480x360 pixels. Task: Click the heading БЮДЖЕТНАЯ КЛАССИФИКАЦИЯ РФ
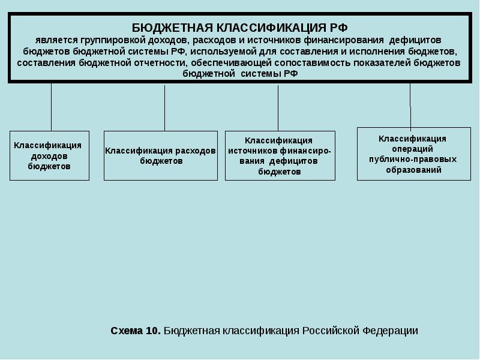pyautogui.click(x=239, y=28)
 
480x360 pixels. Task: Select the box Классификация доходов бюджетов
pyautogui.click(x=49, y=155)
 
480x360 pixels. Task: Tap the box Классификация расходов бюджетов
pyautogui.click(x=160, y=155)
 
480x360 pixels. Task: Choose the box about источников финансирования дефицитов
pyautogui.click(x=280, y=155)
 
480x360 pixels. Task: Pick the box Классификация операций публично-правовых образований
pyautogui.click(x=414, y=154)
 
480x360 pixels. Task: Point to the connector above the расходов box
pyautogui.click(x=164, y=108)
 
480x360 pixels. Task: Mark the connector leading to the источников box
pyautogui.click(x=278, y=108)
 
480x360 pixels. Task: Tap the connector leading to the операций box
pyautogui.click(x=410, y=105)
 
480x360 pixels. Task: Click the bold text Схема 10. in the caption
pyautogui.click(x=136, y=331)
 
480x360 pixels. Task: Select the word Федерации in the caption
pyautogui.click(x=390, y=331)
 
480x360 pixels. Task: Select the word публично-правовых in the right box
pyautogui.click(x=413, y=160)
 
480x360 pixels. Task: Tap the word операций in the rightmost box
pyautogui.click(x=412, y=149)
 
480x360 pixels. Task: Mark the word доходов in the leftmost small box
pyautogui.click(x=49, y=156)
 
